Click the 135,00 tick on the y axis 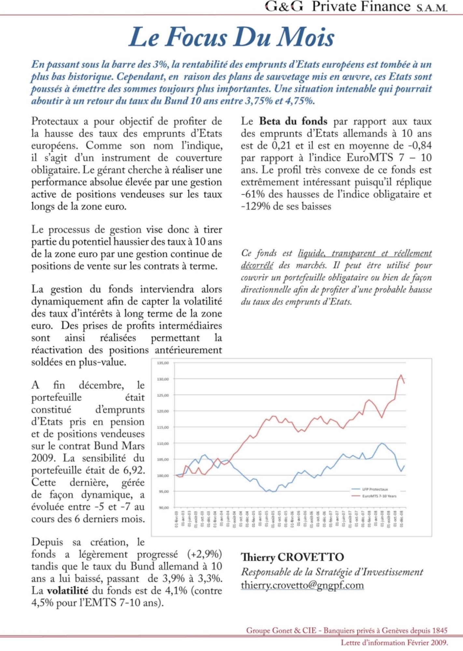point(163,363)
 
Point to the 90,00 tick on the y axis point(164,507)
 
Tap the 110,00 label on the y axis point(163,443)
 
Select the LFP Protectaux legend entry point(375,489)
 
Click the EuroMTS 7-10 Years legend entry point(379,496)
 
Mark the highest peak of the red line point(401,375)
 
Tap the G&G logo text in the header point(284,7)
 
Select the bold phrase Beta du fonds point(293,121)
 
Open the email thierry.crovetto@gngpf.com point(302,585)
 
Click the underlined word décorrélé point(257,266)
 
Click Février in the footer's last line point(418,643)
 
